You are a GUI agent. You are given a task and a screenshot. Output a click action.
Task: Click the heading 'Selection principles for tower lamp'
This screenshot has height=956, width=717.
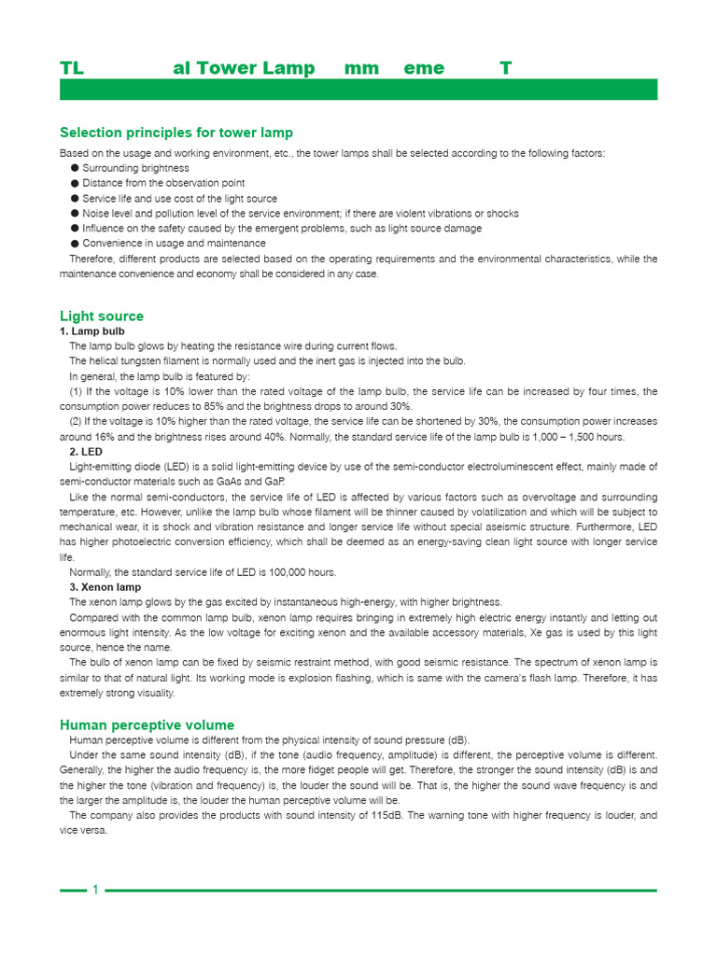(x=176, y=133)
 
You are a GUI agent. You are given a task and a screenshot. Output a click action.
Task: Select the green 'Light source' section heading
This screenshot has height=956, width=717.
(x=102, y=316)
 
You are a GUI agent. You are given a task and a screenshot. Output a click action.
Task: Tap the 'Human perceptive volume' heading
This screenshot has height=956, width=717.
(x=147, y=724)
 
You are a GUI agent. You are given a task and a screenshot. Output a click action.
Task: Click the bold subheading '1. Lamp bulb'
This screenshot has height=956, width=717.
(x=92, y=331)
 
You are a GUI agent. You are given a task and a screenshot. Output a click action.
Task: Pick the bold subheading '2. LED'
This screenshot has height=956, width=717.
(x=86, y=452)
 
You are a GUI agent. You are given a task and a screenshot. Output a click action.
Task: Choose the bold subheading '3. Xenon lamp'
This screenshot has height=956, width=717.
(x=105, y=587)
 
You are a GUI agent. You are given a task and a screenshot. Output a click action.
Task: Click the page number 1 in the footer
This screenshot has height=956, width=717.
(x=95, y=890)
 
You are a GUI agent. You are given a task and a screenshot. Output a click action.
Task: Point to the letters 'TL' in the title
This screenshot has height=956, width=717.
(x=72, y=68)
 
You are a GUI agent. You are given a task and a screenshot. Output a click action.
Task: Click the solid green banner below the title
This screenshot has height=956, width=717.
(x=358, y=90)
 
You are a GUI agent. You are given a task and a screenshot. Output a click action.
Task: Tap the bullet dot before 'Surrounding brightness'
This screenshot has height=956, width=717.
(x=75, y=168)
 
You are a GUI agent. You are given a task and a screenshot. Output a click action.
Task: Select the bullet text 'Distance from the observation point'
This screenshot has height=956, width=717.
(x=163, y=183)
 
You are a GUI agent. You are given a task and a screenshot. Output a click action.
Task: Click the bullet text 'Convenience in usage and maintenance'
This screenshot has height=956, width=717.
(x=174, y=243)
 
